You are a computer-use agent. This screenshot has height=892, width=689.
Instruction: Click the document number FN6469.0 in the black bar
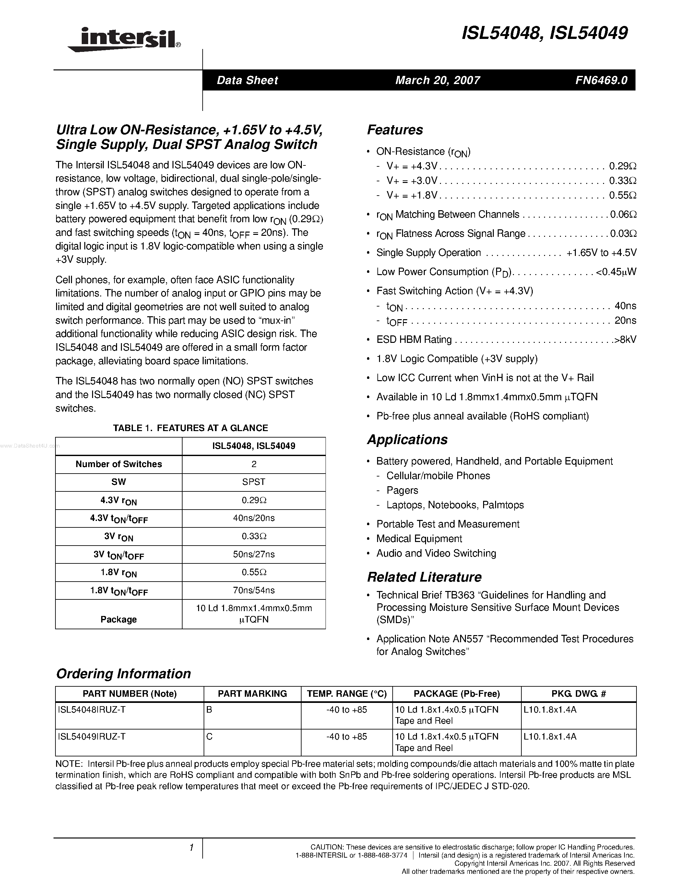[601, 80]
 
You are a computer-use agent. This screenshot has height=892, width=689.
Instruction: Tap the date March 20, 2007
[438, 80]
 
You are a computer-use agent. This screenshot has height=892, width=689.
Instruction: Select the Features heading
[395, 130]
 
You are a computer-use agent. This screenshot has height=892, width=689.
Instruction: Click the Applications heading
[407, 440]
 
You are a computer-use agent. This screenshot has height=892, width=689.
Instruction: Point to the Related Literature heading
[424, 577]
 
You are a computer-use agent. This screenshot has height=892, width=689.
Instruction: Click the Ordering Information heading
[123, 673]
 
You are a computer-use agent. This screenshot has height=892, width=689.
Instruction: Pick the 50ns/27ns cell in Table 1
[254, 554]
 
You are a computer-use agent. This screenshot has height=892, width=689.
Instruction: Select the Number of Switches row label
[118, 464]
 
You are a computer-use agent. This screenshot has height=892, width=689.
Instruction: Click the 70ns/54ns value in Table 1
[254, 590]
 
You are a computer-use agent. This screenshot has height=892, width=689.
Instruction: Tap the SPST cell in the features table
[254, 482]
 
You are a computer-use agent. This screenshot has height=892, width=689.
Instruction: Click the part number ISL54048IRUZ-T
[92, 710]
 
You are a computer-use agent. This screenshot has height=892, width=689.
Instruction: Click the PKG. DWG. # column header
[578, 693]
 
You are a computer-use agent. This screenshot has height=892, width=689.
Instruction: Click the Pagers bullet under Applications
[402, 490]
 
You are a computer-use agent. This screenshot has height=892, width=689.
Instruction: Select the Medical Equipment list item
[419, 538]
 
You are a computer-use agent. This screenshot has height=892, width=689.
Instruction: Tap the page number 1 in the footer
[191, 848]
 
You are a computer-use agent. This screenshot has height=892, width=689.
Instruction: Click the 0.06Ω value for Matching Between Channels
[623, 214]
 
